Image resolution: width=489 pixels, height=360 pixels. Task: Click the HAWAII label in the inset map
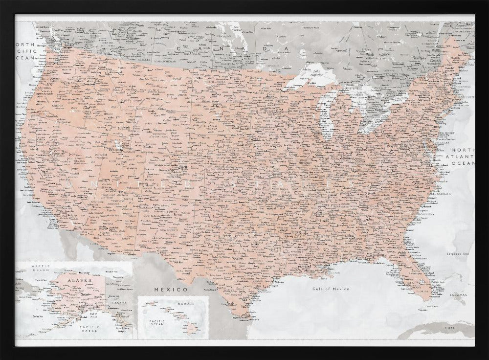point(189,303)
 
